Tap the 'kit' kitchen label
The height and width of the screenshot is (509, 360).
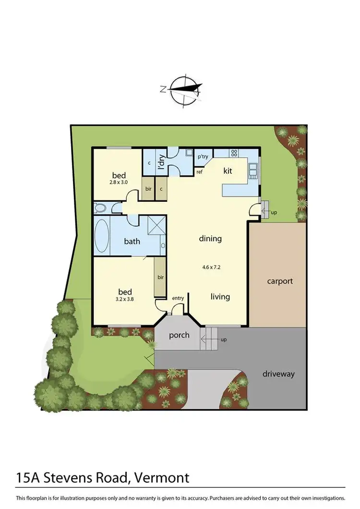[x=228, y=170]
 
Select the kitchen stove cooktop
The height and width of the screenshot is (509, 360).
[x=234, y=153]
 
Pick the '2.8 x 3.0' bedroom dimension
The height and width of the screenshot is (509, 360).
[x=119, y=183]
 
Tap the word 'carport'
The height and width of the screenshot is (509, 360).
[x=280, y=281]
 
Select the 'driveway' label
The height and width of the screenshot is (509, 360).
[x=278, y=374]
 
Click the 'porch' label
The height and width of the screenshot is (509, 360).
[x=179, y=335]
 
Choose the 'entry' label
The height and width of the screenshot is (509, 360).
[x=178, y=298]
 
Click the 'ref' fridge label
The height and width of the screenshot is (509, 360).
[x=199, y=171]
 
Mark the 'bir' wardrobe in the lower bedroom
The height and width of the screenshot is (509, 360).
[x=159, y=277]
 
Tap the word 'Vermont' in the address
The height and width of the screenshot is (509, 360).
[x=161, y=478]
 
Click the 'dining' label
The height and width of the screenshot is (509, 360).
[x=210, y=238]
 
